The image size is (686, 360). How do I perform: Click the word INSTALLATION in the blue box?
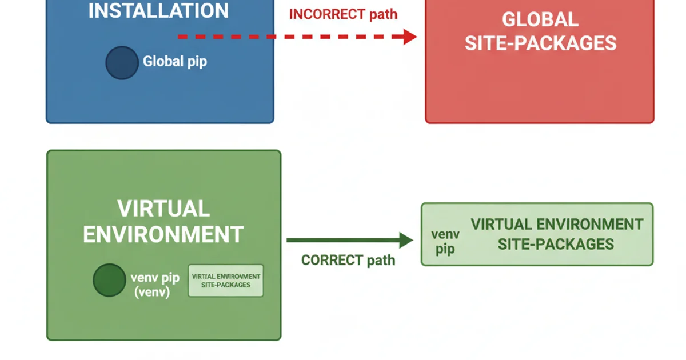[158, 10]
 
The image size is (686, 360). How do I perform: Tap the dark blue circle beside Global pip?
[122, 62]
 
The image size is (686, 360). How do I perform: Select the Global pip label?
[174, 61]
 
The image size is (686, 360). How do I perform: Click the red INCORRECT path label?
[342, 14]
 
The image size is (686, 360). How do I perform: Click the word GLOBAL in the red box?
[540, 19]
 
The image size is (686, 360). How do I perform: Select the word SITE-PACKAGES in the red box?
[540, 43]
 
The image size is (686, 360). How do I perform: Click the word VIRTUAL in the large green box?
[163, 209]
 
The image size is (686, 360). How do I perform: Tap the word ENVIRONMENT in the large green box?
[163, 235]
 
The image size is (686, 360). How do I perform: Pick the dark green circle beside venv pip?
[109, 280]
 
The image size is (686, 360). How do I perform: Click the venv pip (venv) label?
[155, 285]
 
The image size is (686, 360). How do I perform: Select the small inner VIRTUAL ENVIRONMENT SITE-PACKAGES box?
[226, 281]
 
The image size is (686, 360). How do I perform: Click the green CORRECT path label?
[348, 260]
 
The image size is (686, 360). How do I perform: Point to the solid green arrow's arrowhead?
[406, 241]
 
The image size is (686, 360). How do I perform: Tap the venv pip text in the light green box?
[445, 242]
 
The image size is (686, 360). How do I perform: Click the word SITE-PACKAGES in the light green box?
[556, 245]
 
